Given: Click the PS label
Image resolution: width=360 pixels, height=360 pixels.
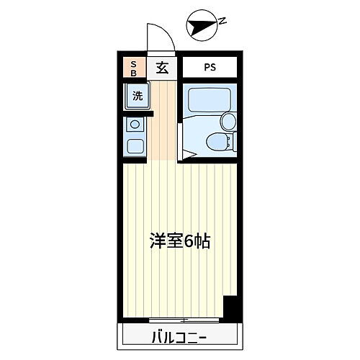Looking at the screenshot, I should pos(209,68).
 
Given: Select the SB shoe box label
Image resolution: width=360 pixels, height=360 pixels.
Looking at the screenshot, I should pos(132,68).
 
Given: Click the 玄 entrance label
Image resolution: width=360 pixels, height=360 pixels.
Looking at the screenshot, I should pos(162,68).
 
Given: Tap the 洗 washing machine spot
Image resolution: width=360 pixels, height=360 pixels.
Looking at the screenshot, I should pos(136,96).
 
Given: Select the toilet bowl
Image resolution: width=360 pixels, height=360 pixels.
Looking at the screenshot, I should pos(214,143).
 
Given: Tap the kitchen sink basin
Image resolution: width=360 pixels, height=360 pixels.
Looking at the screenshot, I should pos(135,146).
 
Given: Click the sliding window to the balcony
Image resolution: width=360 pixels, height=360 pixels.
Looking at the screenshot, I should pos(184,319).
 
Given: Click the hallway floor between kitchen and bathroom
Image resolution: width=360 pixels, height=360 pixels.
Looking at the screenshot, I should pos(162,122).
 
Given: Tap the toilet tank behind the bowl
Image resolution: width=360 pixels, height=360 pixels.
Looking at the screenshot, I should pos(230,143).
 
